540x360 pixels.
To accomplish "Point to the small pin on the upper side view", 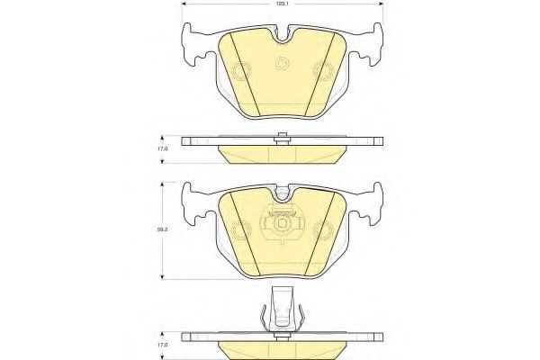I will click(x=283, y=137).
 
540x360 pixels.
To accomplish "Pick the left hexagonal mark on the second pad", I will click(x=239, y=228).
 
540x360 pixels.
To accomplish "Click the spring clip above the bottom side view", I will click(x=283, y=310).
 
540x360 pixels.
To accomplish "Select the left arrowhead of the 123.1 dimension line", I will click(x=185, y=4).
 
